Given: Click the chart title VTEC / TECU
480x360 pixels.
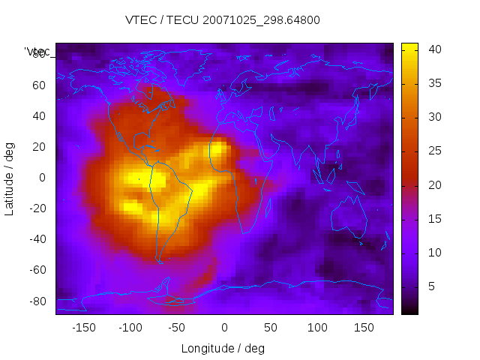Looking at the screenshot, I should tap(223, 20).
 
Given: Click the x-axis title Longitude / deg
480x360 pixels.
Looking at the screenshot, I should tap(223, 348).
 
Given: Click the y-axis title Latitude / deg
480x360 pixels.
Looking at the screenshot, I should tap(10, 178).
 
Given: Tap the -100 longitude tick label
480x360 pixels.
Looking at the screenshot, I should tap(130, 328).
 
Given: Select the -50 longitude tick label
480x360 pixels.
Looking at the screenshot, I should tap(177, 328).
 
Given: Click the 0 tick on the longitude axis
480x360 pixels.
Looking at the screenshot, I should tap(224, 328).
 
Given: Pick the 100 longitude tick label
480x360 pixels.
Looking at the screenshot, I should tap(317, 328).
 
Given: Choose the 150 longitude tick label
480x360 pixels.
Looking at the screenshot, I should tap(364, 328).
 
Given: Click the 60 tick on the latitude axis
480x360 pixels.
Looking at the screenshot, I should tap(39, 85).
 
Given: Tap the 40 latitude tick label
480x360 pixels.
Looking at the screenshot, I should tap(39, 116).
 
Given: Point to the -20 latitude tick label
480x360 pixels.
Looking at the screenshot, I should tap(37, 208).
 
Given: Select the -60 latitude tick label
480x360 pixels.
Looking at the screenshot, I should tap(37, 270).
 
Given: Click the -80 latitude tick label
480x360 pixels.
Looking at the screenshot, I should tap(37, 301).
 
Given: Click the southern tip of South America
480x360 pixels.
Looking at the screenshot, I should tap(160, 260).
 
